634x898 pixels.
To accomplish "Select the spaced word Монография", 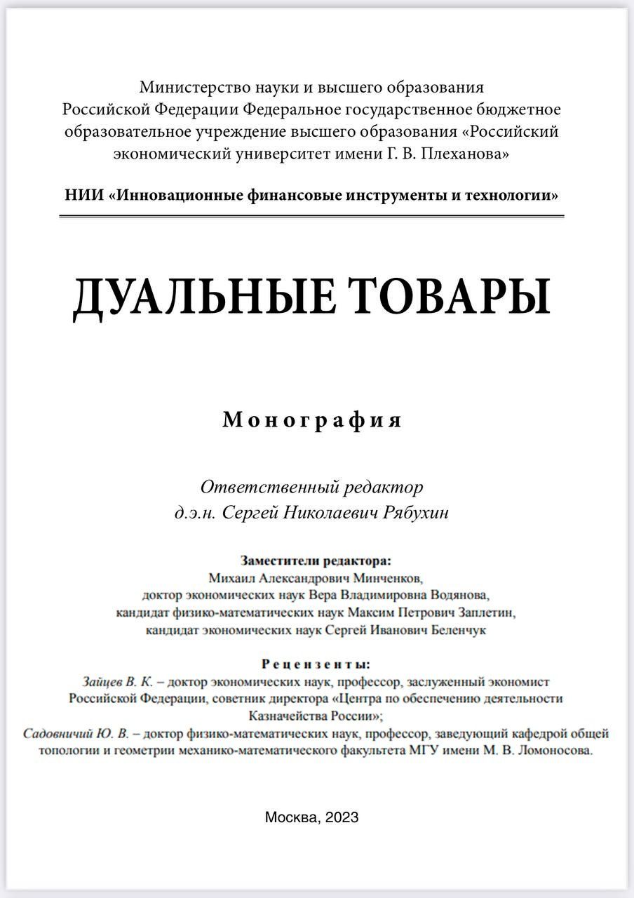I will pyautogui.click(x=313, y=420).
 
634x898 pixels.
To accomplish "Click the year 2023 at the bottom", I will pyautogui.click(x=342, y=817).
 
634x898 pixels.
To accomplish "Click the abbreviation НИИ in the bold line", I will pyautogui.click(x=83, y=195).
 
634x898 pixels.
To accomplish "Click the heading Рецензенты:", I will pyautogui.click(x=316, y=664).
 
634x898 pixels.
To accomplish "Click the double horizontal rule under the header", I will pyautogui.click(x=312, y=217).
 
